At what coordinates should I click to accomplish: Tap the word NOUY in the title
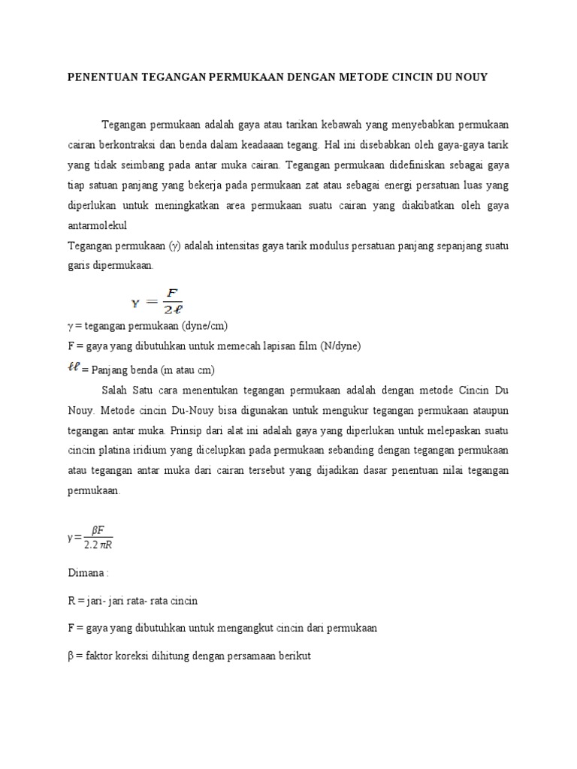470,77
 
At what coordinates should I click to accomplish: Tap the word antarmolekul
97,225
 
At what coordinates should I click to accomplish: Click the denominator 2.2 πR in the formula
98,545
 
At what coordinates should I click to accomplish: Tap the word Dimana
87,573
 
